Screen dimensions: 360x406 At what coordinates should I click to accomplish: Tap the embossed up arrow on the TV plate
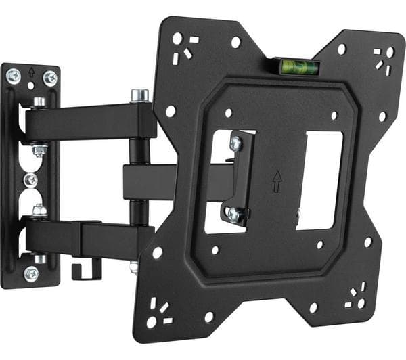tap(277, 181)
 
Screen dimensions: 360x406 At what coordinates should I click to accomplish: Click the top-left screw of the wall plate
tap(14, 76)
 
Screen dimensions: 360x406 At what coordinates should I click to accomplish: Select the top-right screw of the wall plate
tap(49, 78)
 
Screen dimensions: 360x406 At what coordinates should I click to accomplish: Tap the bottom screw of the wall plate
tap(31, 273)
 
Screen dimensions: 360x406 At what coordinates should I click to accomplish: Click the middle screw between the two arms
tap(30, 180)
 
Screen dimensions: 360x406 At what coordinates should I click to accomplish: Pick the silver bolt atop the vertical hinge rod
tap(140, 95)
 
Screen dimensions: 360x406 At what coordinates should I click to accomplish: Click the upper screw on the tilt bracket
tap(235, 143)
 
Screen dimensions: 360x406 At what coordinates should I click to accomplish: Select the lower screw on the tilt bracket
tap(233, 213)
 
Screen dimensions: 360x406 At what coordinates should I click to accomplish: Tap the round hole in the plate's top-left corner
tap(177, 39)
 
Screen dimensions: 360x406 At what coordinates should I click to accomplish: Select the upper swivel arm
tap(91, 122)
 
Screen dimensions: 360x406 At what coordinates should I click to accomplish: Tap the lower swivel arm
tap(88, 237)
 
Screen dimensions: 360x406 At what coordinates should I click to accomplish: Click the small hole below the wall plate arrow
tap(31, 86)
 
